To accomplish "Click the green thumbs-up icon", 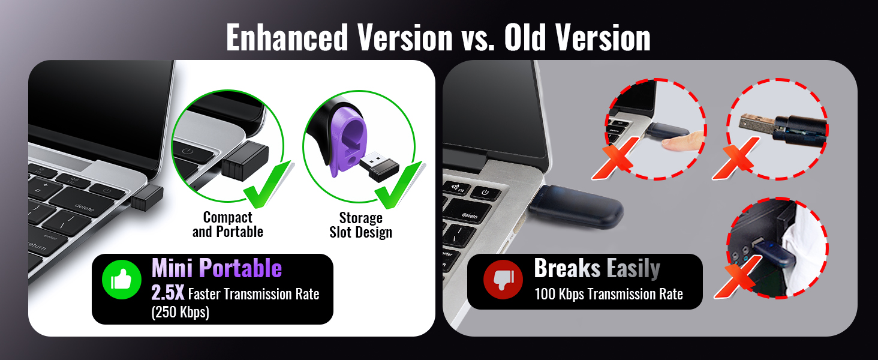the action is tap(122, 280).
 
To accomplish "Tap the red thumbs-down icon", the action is tap(503, 280).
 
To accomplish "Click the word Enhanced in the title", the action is tap(287, 38).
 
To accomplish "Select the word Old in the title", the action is tap(525, 38).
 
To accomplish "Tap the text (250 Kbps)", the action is tap(181, 312).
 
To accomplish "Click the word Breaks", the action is tap(567, 268).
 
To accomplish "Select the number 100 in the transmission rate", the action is tap(545, 294).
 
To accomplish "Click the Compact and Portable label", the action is tap(228, 224).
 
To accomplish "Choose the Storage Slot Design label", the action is tap(360, 225).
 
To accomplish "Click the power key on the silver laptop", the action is tap(485, 193).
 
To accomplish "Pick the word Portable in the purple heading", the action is tap(240, 269).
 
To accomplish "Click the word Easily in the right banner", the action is tap(633, 269).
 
